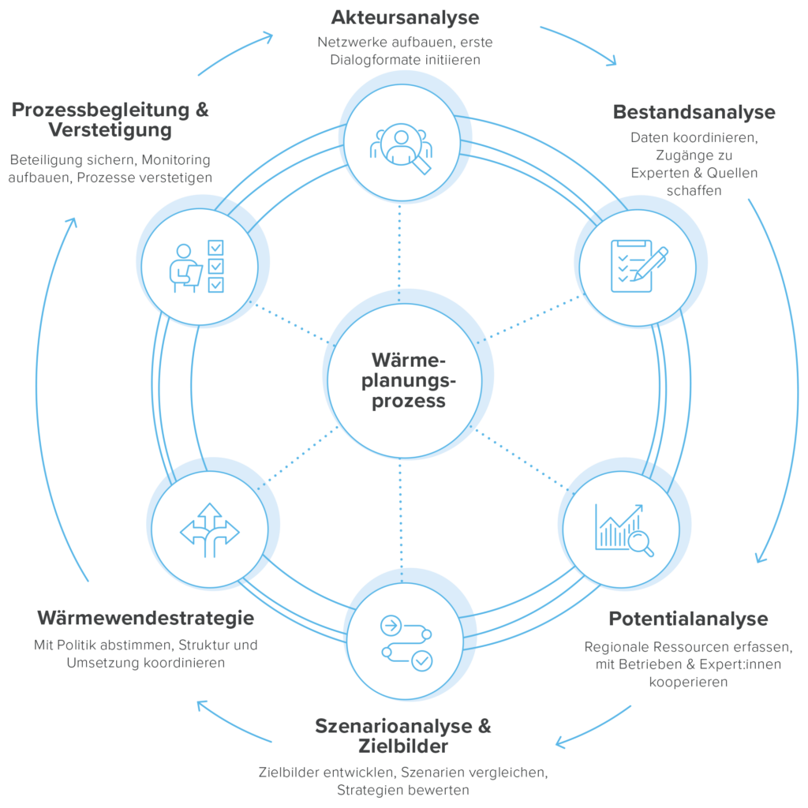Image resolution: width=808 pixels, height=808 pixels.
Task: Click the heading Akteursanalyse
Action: pyautogui.click(x=405, y=17)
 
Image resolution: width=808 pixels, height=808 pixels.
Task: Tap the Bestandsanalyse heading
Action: pyautogui.click(x=694, y=112)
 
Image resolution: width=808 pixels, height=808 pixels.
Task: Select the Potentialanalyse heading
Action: pyautogui.click(x=688, y=618)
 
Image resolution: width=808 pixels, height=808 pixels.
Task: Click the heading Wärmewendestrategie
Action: pyautogui.click(x=145, y=618)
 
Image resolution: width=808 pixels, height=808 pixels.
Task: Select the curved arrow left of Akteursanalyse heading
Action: pyautogui.click(x=234, y=51)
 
